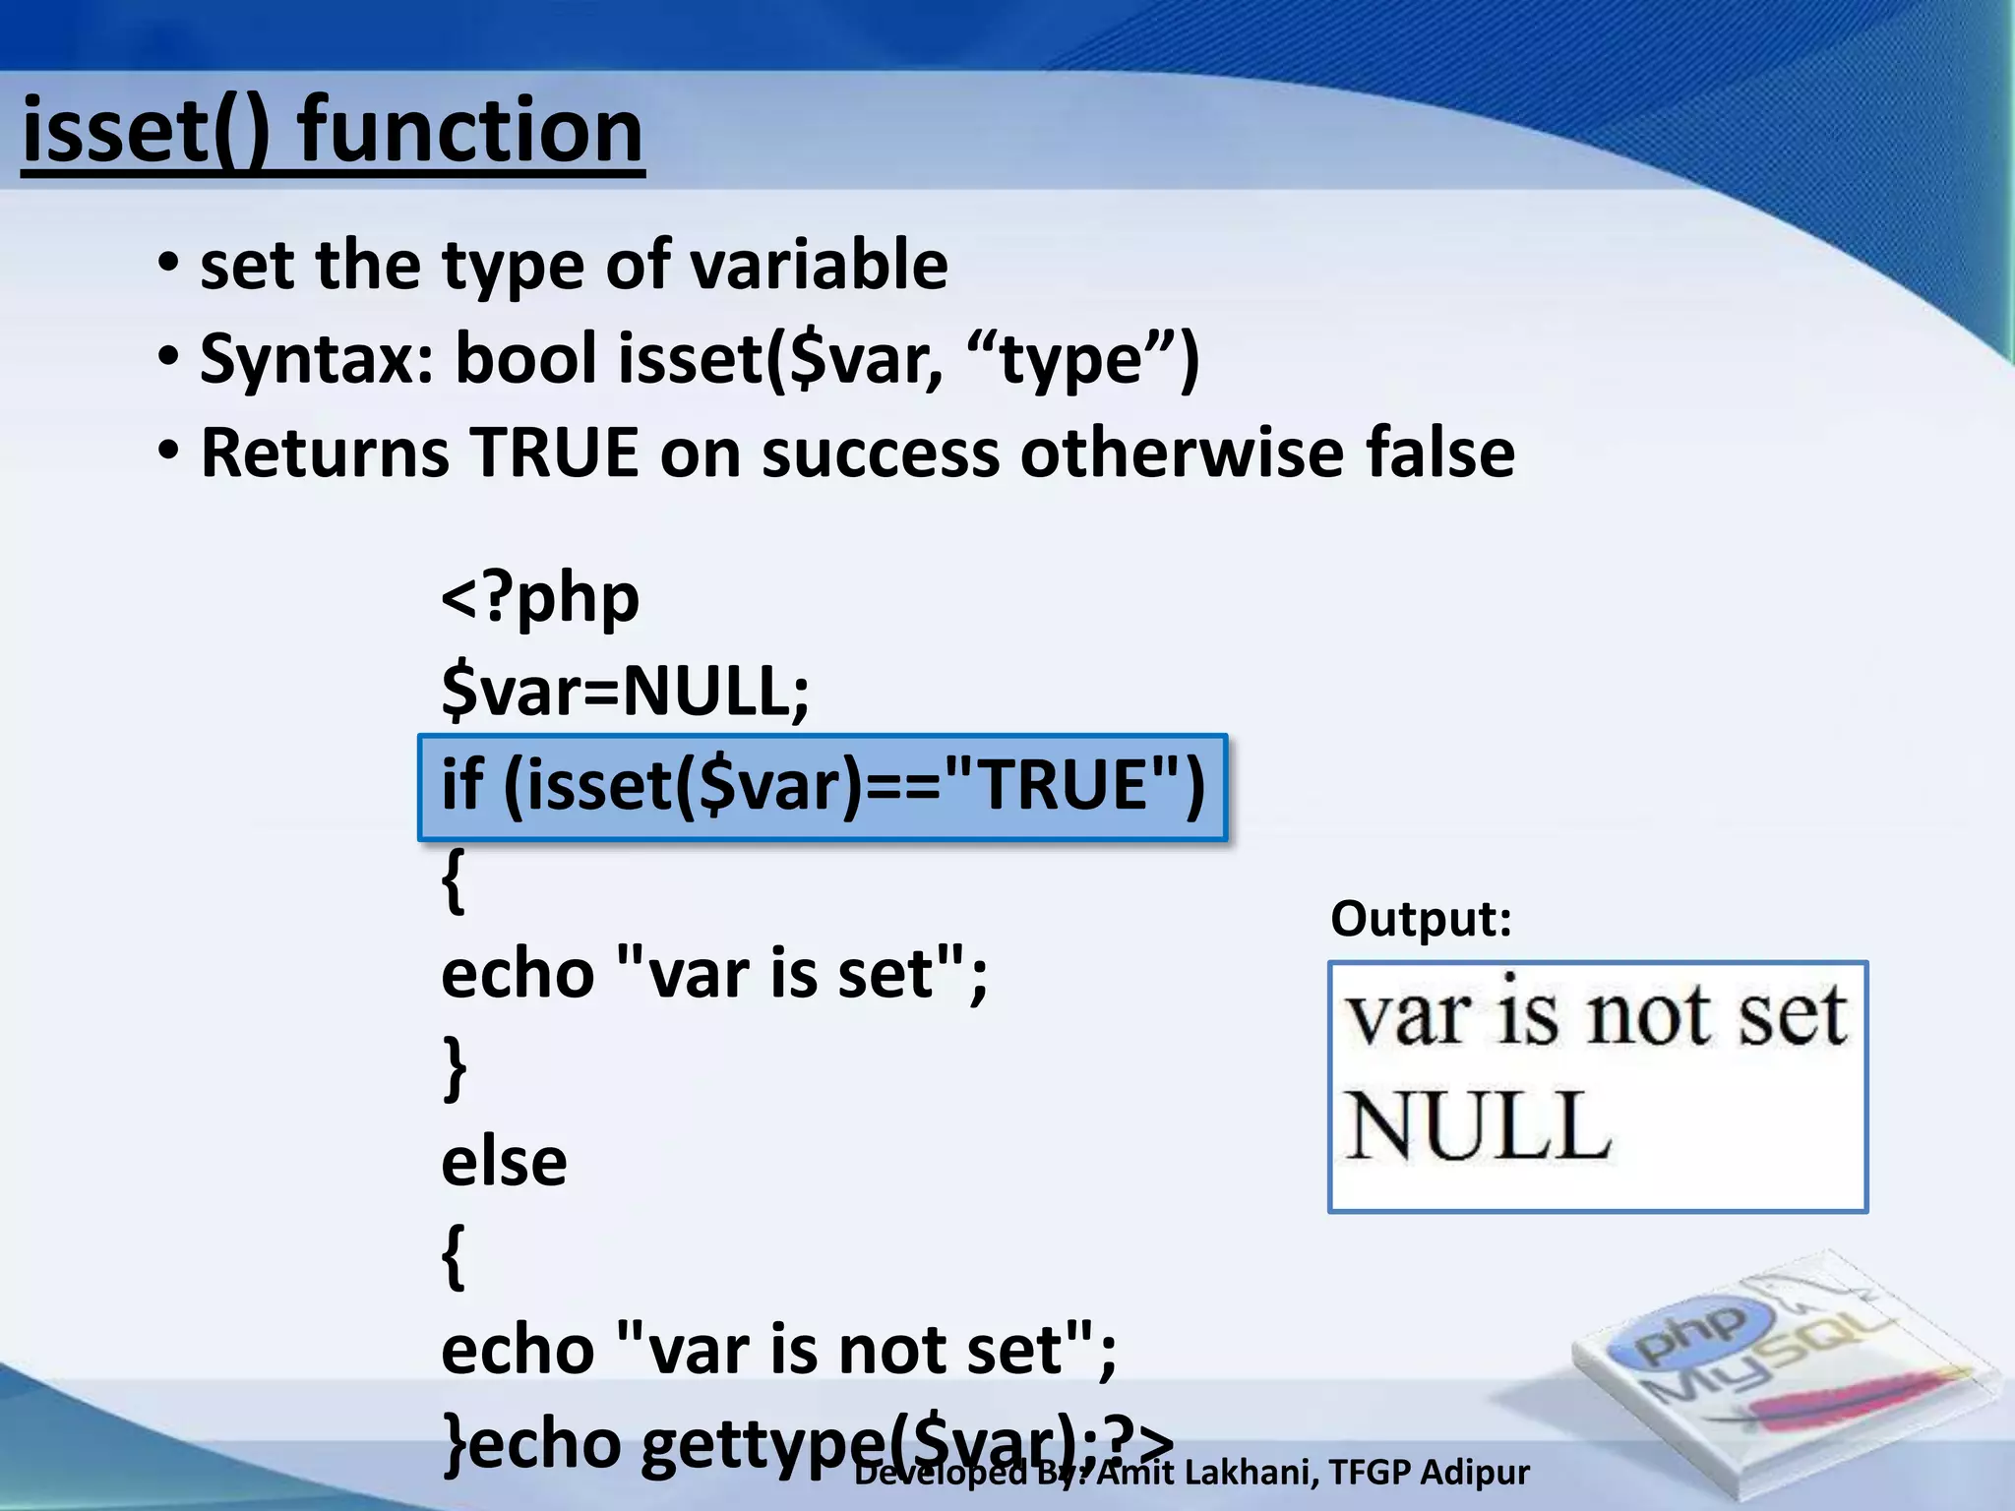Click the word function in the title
[x=470, y=131]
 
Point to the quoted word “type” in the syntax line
[x=1067, y=359]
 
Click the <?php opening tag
[x=540, y=597]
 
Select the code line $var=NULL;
[x=626, y=691]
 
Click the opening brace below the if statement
[x=453, y=879]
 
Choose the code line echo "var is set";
[x=714, y=974]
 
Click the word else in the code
[x=504, y=1162]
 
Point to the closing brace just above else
[x=454, y=1067]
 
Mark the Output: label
[x=1421, y=919]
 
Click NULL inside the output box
[x=1477, y=1126]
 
